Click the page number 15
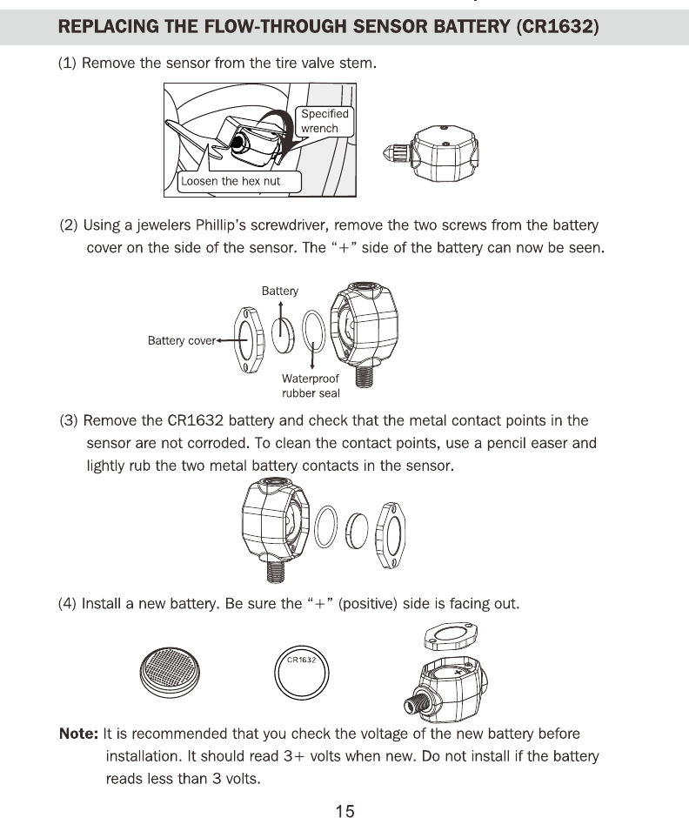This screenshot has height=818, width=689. click(344, 811)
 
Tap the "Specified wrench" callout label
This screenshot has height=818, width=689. click(324, 121)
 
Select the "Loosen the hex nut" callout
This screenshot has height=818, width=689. click(230, 182)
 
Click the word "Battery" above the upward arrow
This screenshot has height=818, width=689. click(279, 291)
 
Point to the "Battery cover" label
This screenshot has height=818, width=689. click(181, 340)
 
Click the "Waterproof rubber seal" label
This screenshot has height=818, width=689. click(310, 386)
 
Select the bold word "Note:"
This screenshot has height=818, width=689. click(77, 734)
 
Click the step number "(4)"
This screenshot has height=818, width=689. click(68, 603)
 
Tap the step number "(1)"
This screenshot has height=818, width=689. click(69, 64)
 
